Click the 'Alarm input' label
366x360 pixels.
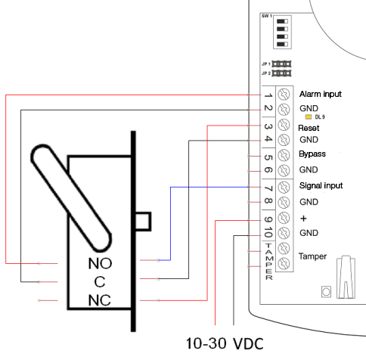[321, 94]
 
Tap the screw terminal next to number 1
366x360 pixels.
[284, 95]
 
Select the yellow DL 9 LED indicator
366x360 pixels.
[309, 117]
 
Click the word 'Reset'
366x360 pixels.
[309, 128]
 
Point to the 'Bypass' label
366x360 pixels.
[312, 154]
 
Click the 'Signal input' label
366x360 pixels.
[321, 185]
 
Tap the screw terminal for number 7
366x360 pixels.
[284, 187]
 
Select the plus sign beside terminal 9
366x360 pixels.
[303, 219]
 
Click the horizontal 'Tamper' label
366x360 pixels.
[312, 256]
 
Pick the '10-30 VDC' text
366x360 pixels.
[225, 343]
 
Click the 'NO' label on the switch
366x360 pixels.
[100, 263]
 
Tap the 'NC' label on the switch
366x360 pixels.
[100, 300]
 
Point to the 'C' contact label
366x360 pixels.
[100, 282]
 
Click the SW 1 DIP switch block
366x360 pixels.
[282, 33]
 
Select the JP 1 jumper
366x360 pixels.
[281, 64]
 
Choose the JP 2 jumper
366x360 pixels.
[281, 73]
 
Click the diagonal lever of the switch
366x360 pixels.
[71, 198]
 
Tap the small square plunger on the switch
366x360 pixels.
[144, 222]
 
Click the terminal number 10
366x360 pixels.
[268, 232]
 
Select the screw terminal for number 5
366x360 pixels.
[284, 156]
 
